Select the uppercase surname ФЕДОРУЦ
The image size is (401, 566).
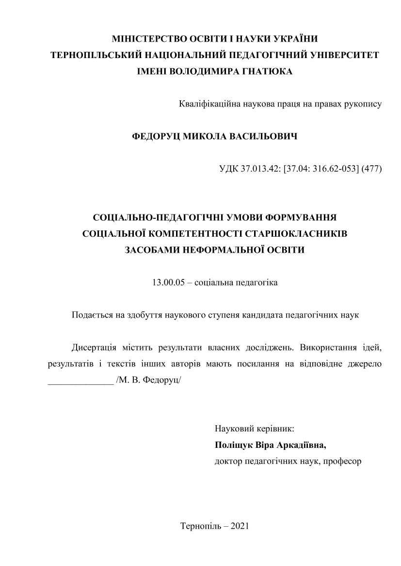click(155, 137)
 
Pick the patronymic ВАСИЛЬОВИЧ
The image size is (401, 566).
click(266, 137)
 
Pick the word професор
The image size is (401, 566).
click(344, 461)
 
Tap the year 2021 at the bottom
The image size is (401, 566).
click(238, 526)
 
